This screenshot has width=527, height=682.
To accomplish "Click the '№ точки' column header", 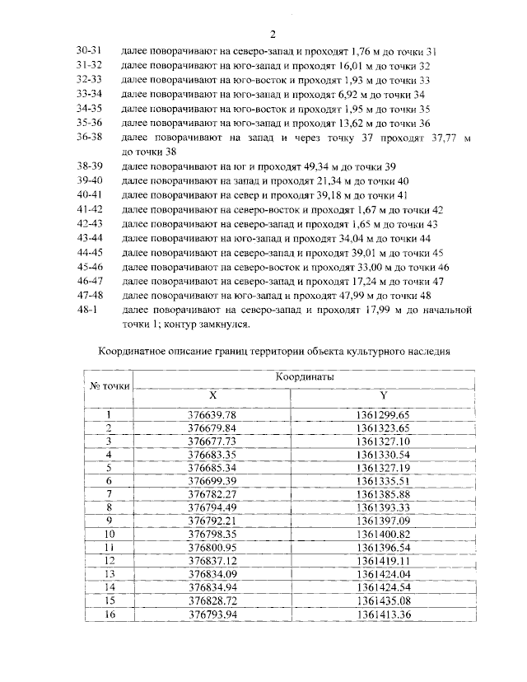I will coord(106,385).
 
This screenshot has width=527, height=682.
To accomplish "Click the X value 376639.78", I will coord(212,415).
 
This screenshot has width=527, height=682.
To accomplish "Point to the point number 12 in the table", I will coord(108,560).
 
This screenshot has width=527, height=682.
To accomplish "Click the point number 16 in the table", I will coord(108,614).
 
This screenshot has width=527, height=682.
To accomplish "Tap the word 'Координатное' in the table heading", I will coord(133,351).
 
